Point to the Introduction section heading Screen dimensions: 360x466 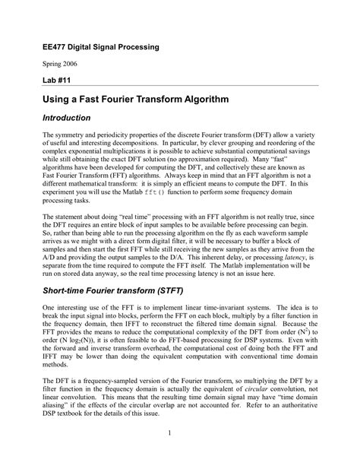tap(66, 119)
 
